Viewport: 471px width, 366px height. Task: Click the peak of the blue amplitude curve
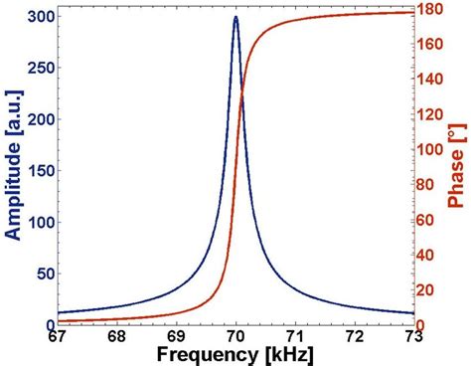[235, 18]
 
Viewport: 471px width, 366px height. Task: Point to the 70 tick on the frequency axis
[235, 337]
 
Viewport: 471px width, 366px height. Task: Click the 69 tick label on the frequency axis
[176, 337]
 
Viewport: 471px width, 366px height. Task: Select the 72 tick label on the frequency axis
[355, 337]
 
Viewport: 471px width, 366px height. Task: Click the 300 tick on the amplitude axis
[39, 17]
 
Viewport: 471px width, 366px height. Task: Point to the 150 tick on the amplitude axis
[39, 171]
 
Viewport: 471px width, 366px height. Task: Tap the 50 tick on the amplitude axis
[43, 274]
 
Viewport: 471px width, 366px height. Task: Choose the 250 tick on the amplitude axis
[39, 69]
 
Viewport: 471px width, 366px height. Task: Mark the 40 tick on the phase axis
[430, 256]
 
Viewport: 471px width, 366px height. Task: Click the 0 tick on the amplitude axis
[47, 324]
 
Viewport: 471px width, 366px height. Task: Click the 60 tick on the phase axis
[430, 220]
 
